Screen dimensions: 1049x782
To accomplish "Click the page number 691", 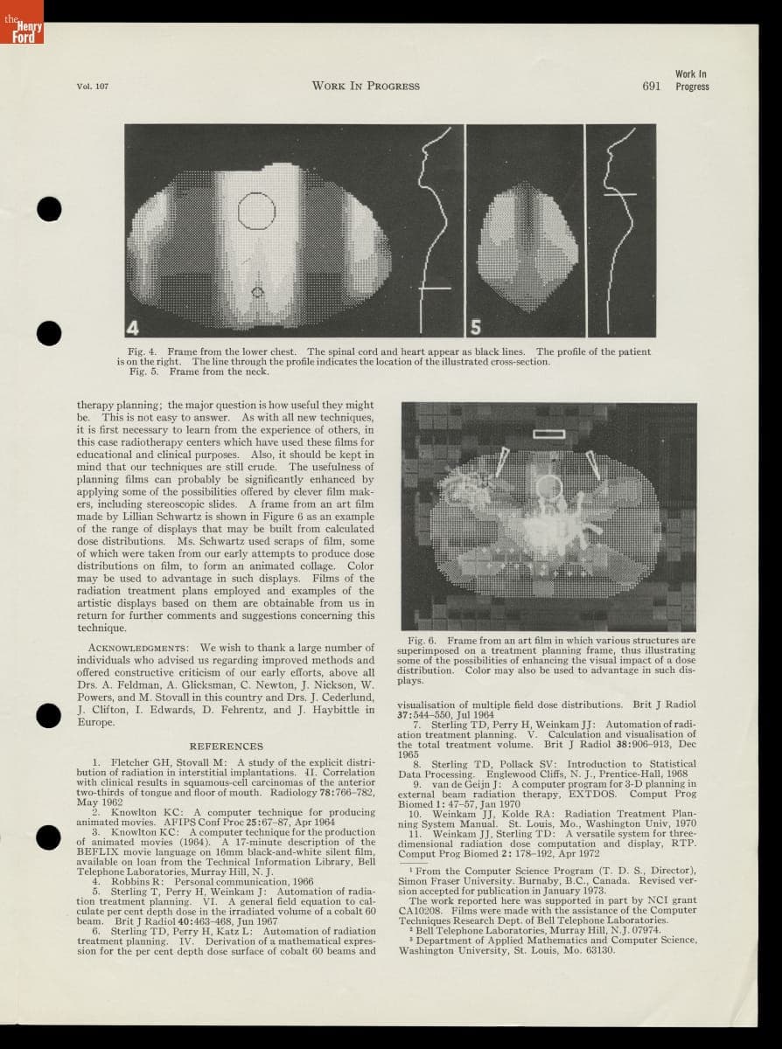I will coord(651,86).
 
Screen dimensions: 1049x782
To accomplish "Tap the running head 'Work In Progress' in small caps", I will coord(365,86).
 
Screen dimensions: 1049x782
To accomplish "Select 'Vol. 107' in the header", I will coord(92,86).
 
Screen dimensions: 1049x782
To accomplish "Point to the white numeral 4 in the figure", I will coord(134,328).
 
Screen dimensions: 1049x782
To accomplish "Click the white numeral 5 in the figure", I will coord(476,328).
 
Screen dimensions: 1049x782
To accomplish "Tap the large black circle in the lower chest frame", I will coord(256,210).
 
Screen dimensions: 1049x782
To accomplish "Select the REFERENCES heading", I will coord(226,747).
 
